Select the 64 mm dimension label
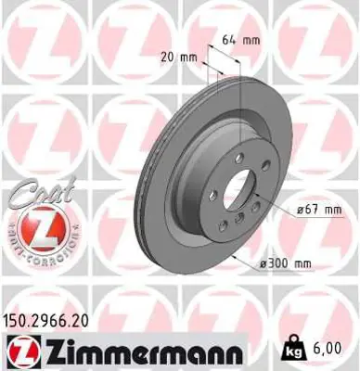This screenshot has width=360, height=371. coord(239,39)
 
